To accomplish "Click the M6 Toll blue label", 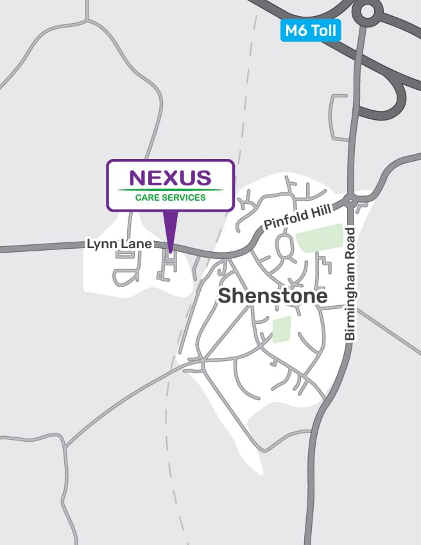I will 310,30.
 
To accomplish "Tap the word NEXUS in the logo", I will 170,178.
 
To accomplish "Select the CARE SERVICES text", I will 171,197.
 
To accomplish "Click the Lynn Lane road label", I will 119,244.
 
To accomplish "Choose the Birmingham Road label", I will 350,283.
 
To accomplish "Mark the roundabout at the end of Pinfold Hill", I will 350,200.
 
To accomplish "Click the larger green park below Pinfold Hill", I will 319,238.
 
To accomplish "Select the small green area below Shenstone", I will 282,329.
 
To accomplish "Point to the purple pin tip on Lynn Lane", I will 170,252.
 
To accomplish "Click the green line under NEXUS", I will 171,190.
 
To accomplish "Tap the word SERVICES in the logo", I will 186,197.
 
